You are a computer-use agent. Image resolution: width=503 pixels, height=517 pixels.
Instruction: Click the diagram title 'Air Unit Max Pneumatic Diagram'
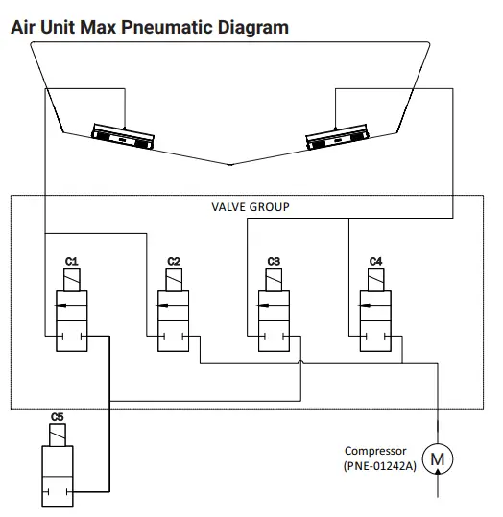point(149,27)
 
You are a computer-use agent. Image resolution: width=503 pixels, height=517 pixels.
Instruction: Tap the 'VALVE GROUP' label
point(250,206)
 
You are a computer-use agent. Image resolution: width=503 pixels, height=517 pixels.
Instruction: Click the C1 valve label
point(71,261)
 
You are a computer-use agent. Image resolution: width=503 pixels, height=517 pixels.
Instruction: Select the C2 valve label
point(174,261)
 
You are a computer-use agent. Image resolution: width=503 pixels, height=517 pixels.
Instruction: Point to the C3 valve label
point(275,261)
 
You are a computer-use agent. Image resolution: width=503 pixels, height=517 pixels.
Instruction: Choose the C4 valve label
point(375,261)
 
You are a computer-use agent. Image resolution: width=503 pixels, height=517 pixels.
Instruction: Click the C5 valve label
point(58,417)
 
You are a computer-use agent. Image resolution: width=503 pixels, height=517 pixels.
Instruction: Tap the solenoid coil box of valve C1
point(72,279)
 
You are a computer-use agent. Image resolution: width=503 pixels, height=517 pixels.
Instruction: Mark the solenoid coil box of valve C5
point(58,436)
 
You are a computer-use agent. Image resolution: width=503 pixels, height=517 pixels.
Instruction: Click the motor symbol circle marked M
point(440,458)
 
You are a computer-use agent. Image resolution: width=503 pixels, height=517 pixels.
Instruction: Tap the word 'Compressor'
point(376,450)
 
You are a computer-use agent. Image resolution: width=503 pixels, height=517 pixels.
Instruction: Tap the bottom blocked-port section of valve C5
point(58,495)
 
